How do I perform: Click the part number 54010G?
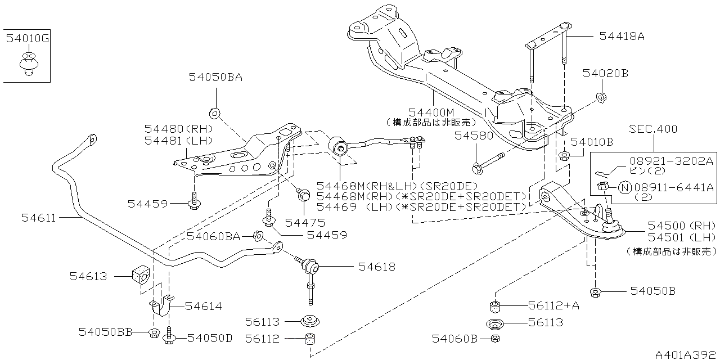tap(28, 39)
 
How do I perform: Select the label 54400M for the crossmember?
tap(431, 112)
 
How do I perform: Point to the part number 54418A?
tap(622, 37)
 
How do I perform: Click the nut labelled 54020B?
tap(601, 97)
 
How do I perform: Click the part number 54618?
tap(376, 267)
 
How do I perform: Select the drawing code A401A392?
tap(686, 354)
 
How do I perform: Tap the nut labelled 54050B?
tap(595, 291)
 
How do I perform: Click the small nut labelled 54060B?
tap(494, 339)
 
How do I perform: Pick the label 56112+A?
tap(553, 305)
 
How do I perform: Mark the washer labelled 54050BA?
tap(214, 111)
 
